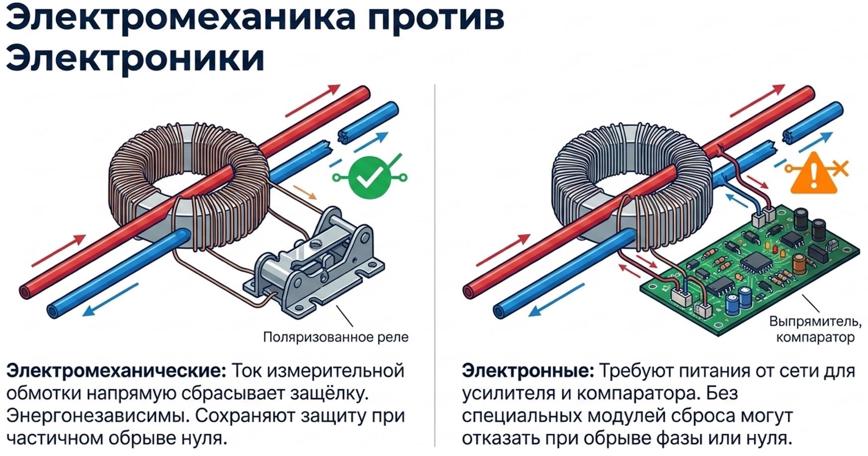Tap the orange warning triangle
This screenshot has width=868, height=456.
coord(814,174)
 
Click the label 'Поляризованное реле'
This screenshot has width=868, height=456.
coord(335,338)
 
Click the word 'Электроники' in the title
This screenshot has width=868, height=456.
coord(135,58)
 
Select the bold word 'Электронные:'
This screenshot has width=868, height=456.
coord(528,371)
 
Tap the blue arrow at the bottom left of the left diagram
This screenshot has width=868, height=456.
coord(110,300)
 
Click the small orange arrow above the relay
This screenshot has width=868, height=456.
coord(305,193)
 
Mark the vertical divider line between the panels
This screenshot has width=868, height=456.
coord(434,265)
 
